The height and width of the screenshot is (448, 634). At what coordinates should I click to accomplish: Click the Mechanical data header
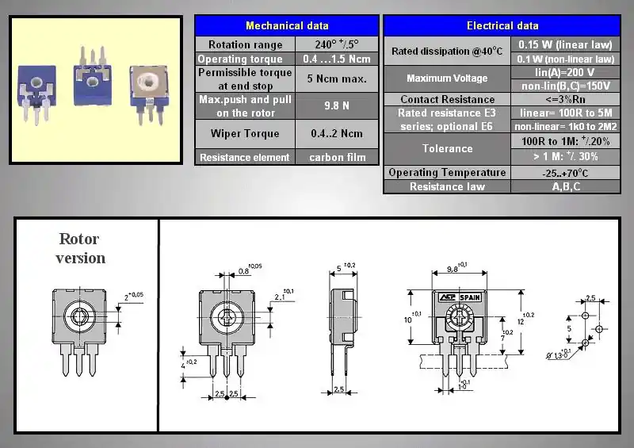tap(287, 25)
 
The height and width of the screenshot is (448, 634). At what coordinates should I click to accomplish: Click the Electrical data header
tap(502, 25)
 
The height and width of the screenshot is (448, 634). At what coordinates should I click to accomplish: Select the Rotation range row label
tap(245, 44)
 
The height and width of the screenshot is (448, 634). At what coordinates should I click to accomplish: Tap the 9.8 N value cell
tap(338, 105)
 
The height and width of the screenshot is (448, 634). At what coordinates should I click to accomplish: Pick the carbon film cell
tap(338, 157)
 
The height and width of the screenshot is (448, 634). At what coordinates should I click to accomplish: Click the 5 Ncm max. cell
tap(338, 79)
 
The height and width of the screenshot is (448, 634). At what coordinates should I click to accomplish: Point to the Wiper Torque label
tap(245, 133)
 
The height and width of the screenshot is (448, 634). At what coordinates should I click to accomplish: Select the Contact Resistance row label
tap(447, 99)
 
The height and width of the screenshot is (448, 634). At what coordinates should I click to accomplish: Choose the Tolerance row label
tap(447, 148)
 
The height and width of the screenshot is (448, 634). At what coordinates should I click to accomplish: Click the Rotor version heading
tap(80, 248)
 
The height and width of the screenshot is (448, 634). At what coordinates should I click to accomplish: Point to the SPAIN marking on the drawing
tap(470, 297)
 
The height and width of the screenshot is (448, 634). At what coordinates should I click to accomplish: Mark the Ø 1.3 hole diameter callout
tap(560, 356)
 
